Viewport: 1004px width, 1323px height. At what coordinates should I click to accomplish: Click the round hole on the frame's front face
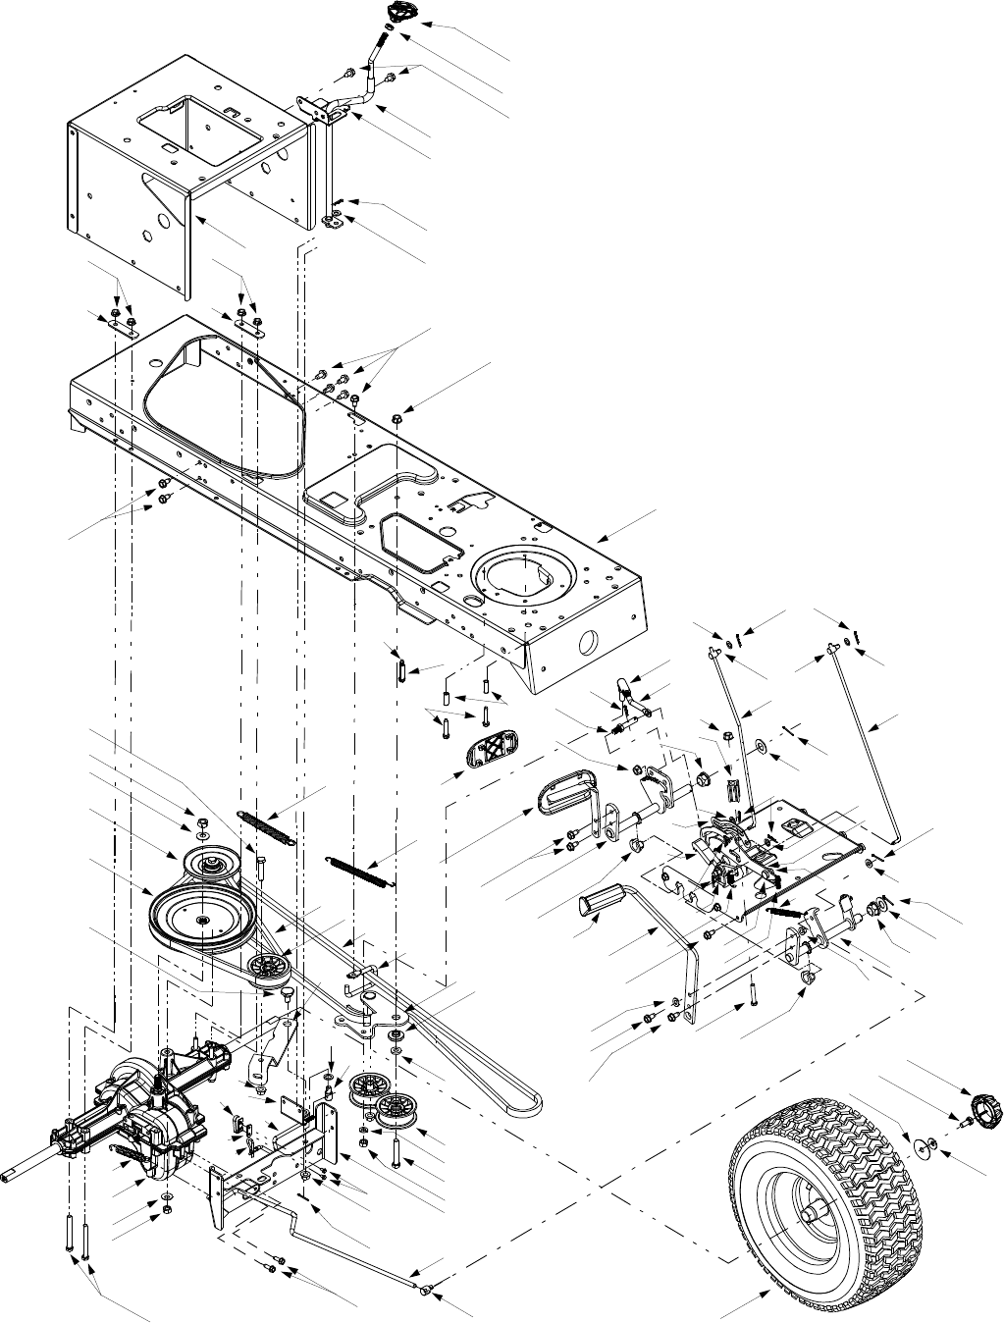589,641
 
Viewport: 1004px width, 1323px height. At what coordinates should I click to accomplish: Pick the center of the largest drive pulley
202,918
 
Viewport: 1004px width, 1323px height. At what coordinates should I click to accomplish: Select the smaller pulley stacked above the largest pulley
209,864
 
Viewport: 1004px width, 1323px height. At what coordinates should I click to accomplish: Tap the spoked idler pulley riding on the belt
267,969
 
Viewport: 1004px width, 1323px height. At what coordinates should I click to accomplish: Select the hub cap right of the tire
983,1110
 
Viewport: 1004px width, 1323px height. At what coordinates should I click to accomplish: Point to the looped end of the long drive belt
531,1101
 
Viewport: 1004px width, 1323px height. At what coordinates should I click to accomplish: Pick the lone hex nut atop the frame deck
396,418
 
